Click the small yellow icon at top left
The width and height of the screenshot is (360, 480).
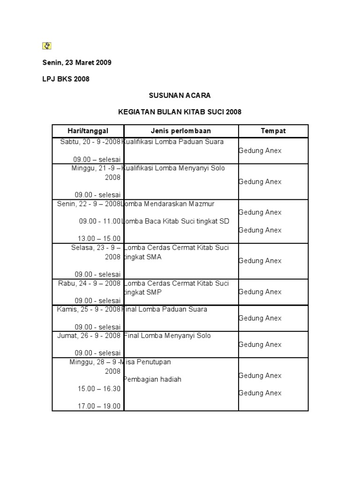(46, 45)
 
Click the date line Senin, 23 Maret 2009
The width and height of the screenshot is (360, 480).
(77, 62)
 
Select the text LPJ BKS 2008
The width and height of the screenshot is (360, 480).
(66, 79)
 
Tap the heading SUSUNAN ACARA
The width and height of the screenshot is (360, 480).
(180, 95)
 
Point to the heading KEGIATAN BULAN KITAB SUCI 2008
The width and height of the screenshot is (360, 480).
(180, 112)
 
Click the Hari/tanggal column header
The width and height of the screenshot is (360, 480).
(88, 131)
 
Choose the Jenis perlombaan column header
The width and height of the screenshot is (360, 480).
(181, 131)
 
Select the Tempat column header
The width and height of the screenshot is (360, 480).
(273, 131)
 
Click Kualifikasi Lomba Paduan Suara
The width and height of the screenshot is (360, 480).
(173, 142)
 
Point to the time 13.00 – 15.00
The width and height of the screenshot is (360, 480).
(99, 239)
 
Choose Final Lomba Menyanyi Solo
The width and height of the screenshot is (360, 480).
(168, 336)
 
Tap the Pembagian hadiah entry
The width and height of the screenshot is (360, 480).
(153, 379)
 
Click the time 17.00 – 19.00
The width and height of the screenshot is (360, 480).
(99, 406)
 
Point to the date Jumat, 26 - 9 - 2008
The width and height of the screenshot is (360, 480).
(89, 336)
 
